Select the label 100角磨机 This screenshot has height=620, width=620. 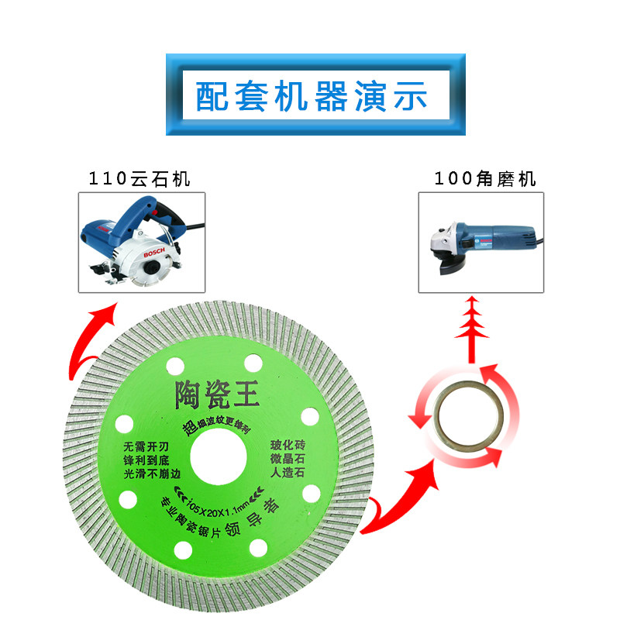pyautogui.click(x=485, y=179)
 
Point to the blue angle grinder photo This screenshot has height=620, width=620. pyautogui.click(x=481, y=242)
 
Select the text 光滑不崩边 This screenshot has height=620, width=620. pyautogui.click(x=150, y=474)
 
